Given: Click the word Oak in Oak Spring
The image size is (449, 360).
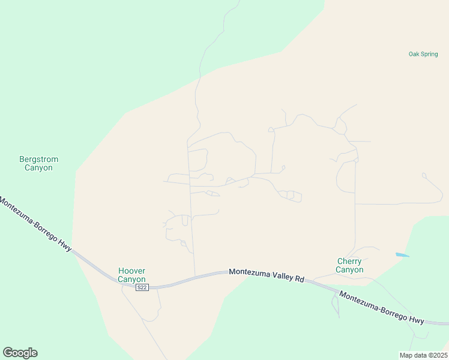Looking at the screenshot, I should (414, 54).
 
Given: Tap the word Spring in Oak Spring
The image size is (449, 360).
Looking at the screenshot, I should (429, 54).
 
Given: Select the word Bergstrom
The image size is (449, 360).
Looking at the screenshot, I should (39, 160).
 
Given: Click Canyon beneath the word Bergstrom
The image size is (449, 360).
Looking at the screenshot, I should (38, 168).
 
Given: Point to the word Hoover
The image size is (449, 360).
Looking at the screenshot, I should (132, 271).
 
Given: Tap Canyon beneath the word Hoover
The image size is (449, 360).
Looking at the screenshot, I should (131, 280).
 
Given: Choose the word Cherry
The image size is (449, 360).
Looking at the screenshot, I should (349, 262).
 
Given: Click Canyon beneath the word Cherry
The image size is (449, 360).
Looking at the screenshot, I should (349, 270).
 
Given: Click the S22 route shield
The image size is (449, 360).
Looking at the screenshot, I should (142, 288).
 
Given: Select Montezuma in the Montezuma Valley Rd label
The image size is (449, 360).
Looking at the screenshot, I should (250, 273).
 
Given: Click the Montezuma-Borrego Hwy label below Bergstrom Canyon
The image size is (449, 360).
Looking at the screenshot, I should (35, 225).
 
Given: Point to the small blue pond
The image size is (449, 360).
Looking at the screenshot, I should (402, 255).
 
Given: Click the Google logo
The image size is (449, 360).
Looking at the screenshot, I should (20, 353).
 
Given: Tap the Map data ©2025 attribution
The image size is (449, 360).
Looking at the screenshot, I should (423, 355).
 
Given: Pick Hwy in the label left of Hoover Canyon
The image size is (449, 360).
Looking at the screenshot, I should (64, 244).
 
